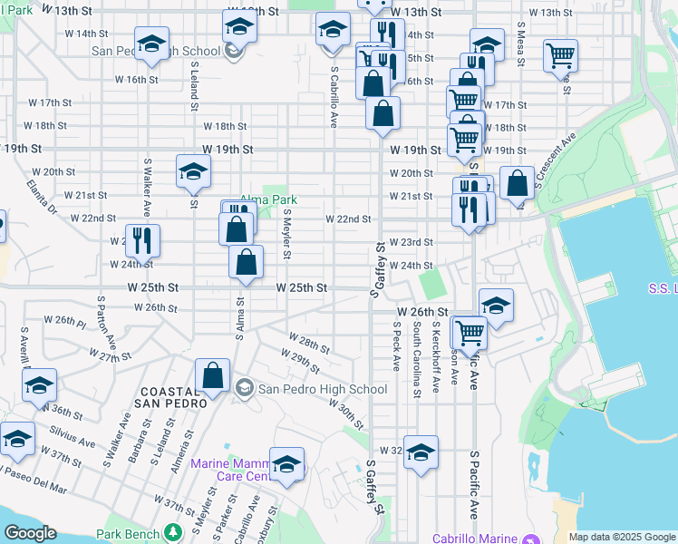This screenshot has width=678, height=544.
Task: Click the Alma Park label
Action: [269, 200]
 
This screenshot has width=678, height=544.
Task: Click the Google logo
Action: [29, 533]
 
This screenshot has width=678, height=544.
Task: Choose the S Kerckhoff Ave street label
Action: [436, 355]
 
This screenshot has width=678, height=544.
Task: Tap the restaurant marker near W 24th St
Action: [142, 241]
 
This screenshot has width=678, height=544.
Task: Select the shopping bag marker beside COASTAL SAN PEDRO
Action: [212, 375]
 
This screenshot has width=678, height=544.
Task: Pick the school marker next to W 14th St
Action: [152, 43]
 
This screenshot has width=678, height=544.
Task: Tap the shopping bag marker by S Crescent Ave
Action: [517, 183]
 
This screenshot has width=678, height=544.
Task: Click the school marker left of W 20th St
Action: [193, 172]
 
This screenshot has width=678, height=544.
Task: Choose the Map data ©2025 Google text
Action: [622, 537]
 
